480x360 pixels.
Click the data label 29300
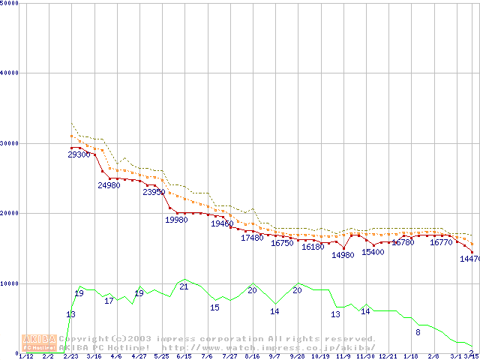click(79, 154)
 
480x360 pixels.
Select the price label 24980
click(109, 185)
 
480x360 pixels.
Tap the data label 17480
click(252, 238)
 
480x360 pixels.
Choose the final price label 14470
click(469, 259)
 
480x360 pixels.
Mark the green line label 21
click(184, 286)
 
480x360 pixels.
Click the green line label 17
click(109, 301)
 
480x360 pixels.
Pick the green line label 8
click(418, 332)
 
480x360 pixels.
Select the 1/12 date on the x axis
click(25, 357)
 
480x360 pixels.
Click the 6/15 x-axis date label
click(184, 357)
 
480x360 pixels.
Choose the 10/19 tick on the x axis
click(320, 357)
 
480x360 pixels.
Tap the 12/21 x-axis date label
click(388, 357)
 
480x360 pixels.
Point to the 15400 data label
click(373, 252)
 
